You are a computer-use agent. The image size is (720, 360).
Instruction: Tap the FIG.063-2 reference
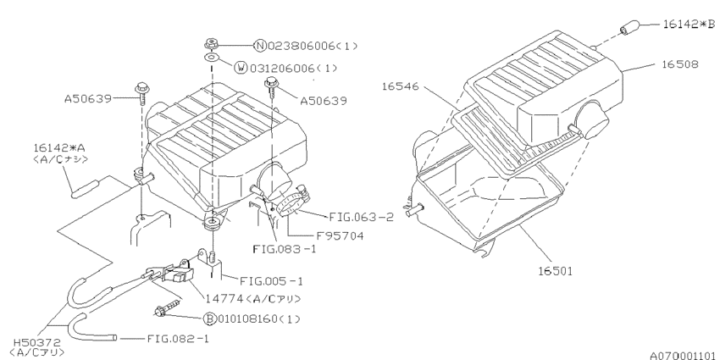point(351,216)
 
